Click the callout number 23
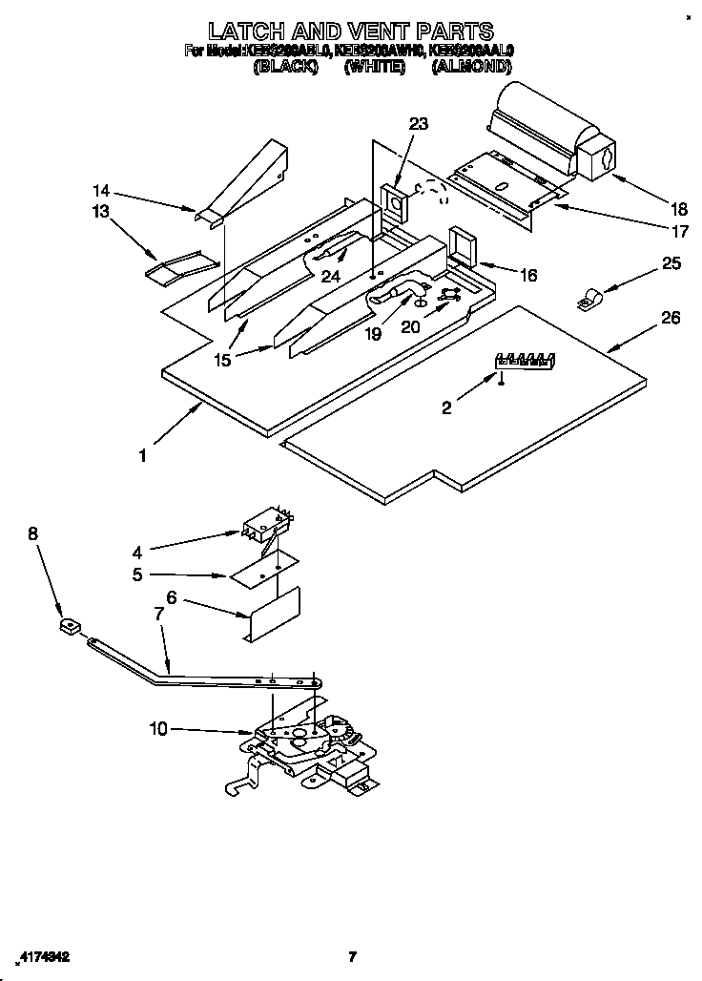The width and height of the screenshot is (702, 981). point(419,123)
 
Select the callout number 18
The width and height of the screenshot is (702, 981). point(651,210)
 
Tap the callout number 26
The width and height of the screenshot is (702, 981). point(671,318)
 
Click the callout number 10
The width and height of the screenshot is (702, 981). point(158,729)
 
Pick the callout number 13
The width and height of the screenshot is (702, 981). point(101,211)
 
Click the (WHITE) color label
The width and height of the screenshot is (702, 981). point(375,67)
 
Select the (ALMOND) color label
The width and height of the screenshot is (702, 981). point(472,67)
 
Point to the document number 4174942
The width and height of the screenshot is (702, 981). point(46,955)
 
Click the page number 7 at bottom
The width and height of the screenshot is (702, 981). point(351,955)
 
